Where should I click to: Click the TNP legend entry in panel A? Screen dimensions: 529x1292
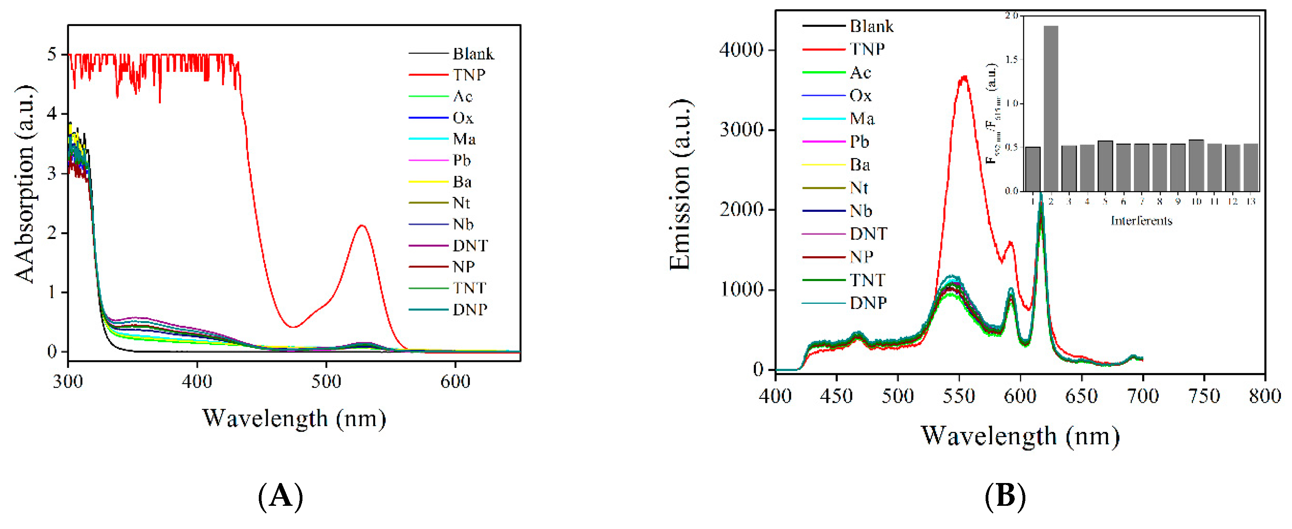pyautogui.click(x=469, y=75)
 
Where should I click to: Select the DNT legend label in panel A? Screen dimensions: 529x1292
pyautogui.click(x=470, y=246)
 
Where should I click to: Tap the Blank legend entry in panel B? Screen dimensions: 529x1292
pyautogui.click(x=871, y=26)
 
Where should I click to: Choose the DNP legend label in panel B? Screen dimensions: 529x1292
pyautogui.click(x=868, y=303)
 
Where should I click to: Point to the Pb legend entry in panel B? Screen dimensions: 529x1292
pyautogui.click(x=859, y=142)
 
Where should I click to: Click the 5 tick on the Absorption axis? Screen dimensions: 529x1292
pyautogui.click(x=52, y=54)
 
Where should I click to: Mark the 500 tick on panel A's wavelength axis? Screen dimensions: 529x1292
pyautogui.click(x=326, y=382)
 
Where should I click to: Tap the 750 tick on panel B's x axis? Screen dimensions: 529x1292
pyautogui.click(x=1204, y=396)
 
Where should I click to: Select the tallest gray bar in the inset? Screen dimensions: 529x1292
pyautogui.click(x=1051, y=108)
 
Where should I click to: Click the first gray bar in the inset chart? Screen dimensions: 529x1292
pyautogui.click(x=1033, y=169)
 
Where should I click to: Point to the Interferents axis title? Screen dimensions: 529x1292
pyautogui.click(x=1141, y=220)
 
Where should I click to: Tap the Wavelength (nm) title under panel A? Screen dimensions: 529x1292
pyautogui.click(x=294, y=418)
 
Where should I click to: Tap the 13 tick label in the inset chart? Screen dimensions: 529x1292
pyautogui.click(x=1251, y=202)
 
